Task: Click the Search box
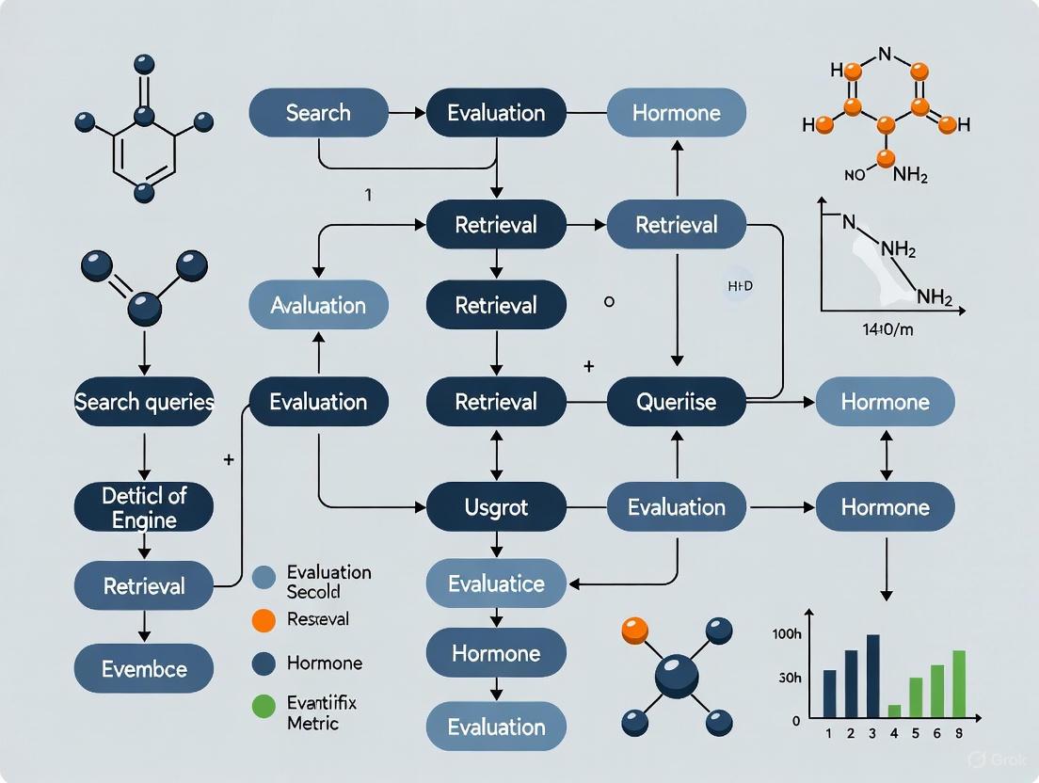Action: [x=318, y=113]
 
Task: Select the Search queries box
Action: [x=144, y=402]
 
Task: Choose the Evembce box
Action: [x=144, y=669]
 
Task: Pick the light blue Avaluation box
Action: [x=318, y=305]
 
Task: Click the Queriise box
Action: [x=676, y=402]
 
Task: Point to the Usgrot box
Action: [x=496, y=507]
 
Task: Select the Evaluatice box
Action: [x=496, y=583]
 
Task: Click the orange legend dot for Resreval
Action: [x=265, y=619]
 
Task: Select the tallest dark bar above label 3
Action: [x=872, y=675]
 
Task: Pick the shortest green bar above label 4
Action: [x=894, y=711]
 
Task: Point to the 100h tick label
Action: [x=785, y=634]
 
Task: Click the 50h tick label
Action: [x=789, y=678]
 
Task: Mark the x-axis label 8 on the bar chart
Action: [x=960, y=733]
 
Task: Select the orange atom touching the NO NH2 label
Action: [x=883, y=158]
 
